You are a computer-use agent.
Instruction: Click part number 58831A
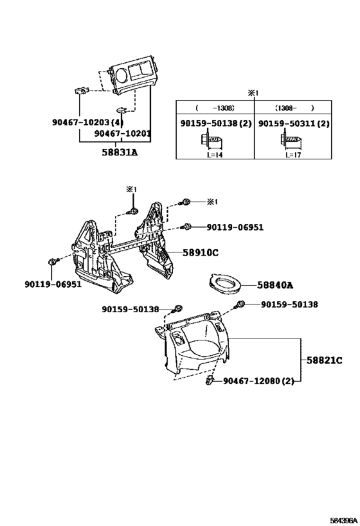coord(120,152)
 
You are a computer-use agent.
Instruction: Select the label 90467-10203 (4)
coord(88,122)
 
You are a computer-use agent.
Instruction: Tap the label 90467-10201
coord(122,134)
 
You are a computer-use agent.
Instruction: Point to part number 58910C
coord(201,252)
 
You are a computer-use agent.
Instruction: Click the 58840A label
coord(275,285)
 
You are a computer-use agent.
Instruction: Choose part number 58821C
coord(325,360)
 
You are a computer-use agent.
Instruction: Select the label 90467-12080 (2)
coord(258,381)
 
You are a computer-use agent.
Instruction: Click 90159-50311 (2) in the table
coord(294,123)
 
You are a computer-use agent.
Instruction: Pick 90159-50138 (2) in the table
coord(216,123)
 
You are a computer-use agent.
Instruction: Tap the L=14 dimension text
coord(215,155)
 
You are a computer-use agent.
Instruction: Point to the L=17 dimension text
coord(294,155)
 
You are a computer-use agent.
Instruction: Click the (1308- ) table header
coord(294,108)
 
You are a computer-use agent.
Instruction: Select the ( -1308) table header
coord(215,108)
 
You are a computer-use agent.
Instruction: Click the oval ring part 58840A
coord(224,291)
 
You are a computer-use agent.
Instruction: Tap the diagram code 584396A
coord(344,520)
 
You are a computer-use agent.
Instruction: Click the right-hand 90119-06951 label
coord(235,227)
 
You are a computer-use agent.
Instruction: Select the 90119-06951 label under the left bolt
coord(53,285)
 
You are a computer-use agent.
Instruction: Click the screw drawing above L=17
coord(291,139)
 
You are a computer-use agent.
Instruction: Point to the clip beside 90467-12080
coord(210,380)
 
